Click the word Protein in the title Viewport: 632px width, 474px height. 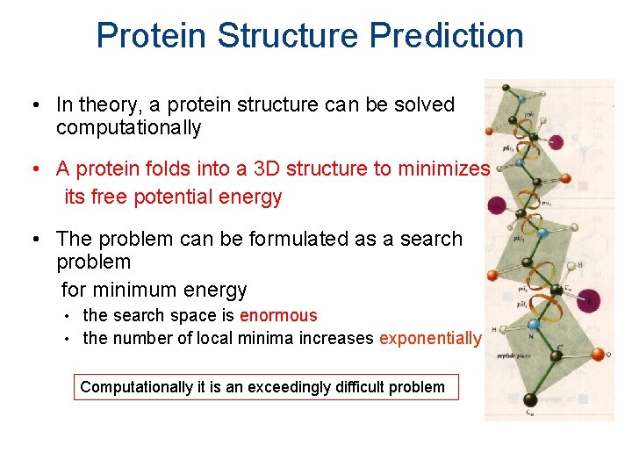click(152, 36)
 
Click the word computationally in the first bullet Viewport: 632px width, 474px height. click(128, 128)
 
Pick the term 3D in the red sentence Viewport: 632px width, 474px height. click(260, 168)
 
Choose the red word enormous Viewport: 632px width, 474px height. click(278, 315)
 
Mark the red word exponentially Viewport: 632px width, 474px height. click(430, 339)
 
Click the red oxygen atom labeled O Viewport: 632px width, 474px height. click(599, 355)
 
